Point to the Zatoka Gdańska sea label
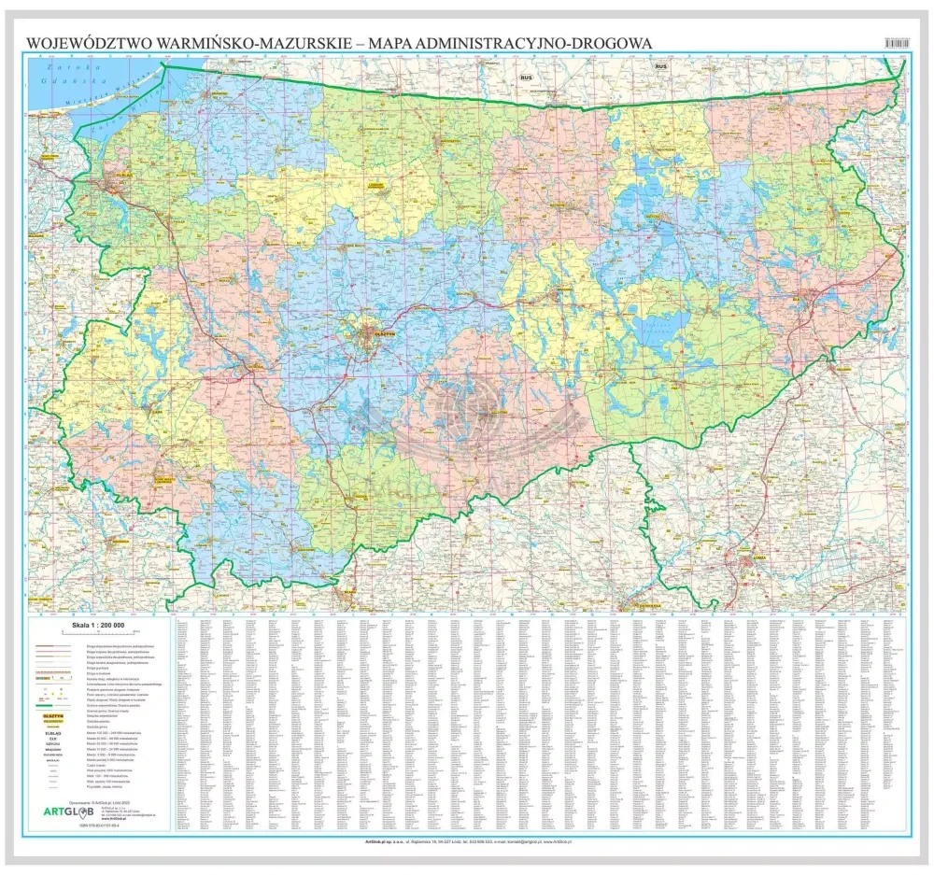coord(55,75)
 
